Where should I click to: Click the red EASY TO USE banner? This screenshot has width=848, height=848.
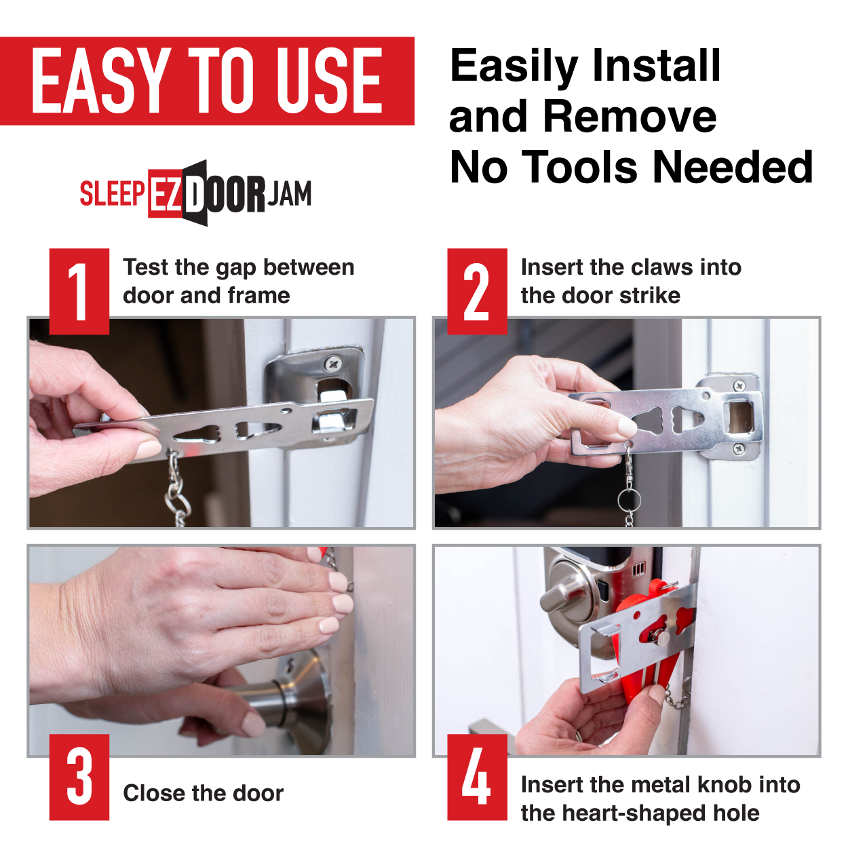click(x=207, y=81)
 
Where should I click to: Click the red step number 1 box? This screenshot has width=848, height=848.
click(x=79, y=291)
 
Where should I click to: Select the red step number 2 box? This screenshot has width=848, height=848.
click(x=477, y=291)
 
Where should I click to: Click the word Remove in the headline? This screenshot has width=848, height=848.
click(x=630, y=117)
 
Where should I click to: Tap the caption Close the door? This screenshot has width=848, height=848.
click(x=204, y=793)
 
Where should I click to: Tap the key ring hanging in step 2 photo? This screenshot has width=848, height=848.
click(x=629, y=500)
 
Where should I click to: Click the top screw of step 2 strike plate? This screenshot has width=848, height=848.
click(x=739, y=386)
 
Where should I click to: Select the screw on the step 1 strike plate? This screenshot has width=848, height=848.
click(x=332, y=364)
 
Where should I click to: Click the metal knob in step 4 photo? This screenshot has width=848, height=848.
click(x=660, y=637)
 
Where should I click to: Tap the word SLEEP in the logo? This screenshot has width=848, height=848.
click(x=112, y=193)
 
